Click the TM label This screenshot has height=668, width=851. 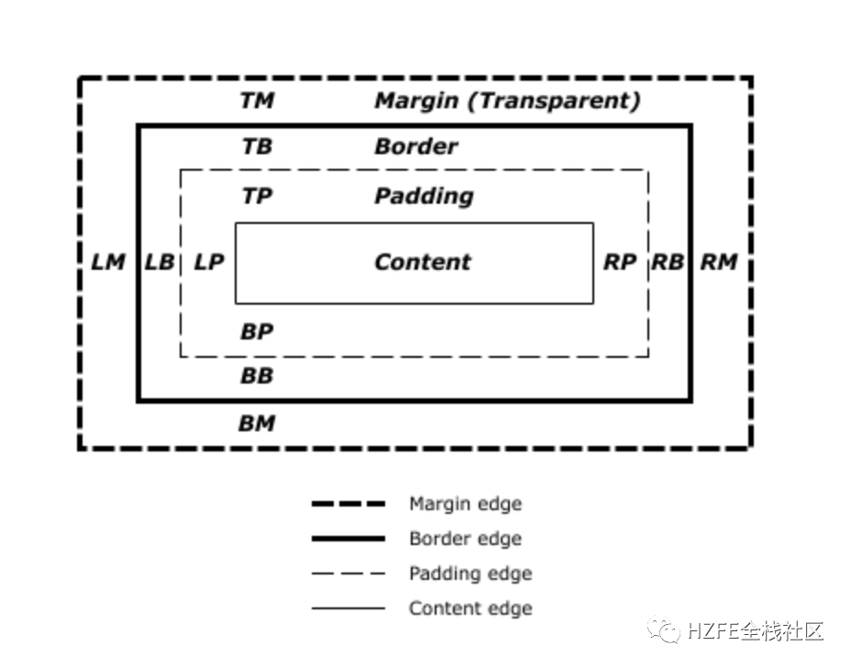click(257, 100)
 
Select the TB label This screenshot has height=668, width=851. click(257, 146)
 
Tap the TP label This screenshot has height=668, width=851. click(257, 195)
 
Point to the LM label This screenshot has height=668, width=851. click(108, 262)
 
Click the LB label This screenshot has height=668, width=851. click(160, 262)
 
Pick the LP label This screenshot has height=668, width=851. click(209, 262)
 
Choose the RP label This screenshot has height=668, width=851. click(620, 262)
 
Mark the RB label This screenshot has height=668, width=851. click(668, 262)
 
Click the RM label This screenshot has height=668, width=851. click(719, 262)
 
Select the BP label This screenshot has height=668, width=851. click(257, 331)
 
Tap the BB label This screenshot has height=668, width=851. click(257, 375)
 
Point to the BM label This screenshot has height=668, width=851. click(257, 423)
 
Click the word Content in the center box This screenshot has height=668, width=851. click(422, 262)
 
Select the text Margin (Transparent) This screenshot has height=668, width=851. click(507, 100)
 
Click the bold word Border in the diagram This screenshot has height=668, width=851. click(415, 146)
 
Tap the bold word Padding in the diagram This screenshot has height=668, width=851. click(424, 195)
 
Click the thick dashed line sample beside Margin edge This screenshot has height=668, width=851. click(348, 504)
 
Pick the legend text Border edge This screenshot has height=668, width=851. click(465, 539)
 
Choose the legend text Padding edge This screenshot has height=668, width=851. click(470, 573)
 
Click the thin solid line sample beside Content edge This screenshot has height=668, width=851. click(348, 607)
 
